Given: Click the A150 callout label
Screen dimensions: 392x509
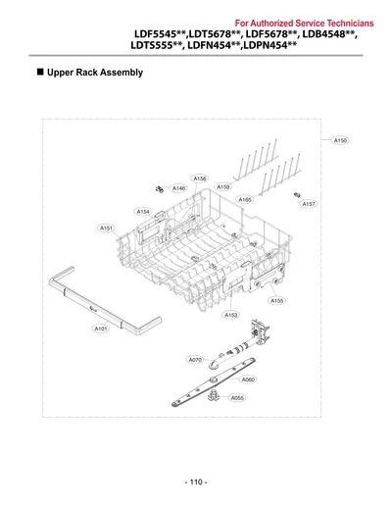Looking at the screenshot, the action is coord(340,140).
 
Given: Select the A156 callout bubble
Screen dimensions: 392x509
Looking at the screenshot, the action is coord(200,178).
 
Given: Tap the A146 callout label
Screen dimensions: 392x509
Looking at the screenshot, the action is coord(178,188).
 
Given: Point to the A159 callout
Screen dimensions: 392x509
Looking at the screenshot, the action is coord(223,187).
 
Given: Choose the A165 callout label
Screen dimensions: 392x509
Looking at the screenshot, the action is coord(245,199).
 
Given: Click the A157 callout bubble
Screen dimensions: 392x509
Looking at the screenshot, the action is coord(309,204).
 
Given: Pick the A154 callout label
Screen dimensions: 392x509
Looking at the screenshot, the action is coord(143,212).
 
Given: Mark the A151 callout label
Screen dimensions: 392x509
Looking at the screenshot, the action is coord(106,228).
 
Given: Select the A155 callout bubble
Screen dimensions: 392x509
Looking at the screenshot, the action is coord(277,300).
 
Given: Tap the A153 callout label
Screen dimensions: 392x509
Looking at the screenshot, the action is coord(231,315).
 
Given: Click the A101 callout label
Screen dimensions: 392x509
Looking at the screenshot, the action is coord(101,329).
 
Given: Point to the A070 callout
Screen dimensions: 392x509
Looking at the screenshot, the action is coord(195,360).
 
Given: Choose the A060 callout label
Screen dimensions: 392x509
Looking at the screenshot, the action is coord(248,380).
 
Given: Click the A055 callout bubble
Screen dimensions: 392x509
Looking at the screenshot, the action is coord(237,398).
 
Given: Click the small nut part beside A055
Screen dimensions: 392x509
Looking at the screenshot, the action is coord(213,396).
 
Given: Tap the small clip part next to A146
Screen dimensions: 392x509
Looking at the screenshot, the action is coord(160,189).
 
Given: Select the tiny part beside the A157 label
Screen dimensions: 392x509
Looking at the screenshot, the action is coord(297,195).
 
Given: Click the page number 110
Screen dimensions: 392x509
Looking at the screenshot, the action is coord(196,482).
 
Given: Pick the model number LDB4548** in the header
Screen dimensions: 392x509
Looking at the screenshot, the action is coord(328,34).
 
